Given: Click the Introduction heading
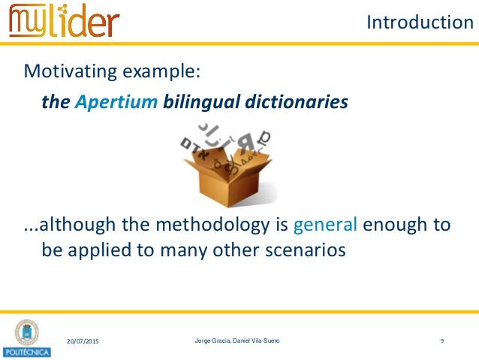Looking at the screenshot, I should (x=419, y=23).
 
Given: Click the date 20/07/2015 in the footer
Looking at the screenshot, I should (x=83, y=342).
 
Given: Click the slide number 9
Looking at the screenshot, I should (x=442, y=341).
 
